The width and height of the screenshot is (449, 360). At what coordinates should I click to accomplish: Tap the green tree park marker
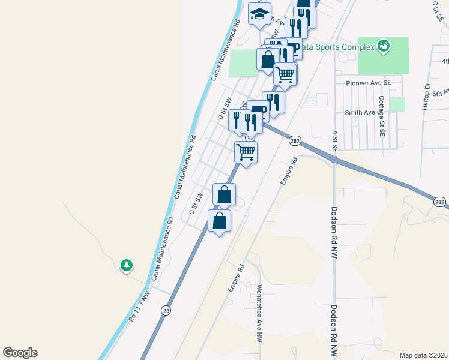click(x=126, y=265)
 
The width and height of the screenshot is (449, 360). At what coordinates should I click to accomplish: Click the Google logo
click(x=20, y=353)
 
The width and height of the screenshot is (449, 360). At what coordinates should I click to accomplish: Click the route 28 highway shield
click(x=166, y=310)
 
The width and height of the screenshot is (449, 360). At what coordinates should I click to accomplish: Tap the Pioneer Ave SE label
click(x=368, y=82)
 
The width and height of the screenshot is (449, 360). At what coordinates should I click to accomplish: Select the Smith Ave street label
click(x=360, y=112)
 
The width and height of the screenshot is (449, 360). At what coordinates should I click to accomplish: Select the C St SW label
click(x=196, y=203)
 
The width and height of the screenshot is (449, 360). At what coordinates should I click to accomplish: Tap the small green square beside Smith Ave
click(x=397, y=104)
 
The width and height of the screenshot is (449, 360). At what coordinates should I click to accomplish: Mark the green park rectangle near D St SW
click(x=244, y=63)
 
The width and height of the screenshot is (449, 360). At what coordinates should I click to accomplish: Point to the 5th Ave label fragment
click(x=441, y=93)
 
